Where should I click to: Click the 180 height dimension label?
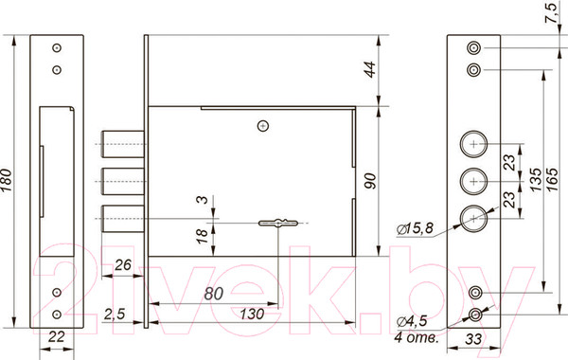(7, 180)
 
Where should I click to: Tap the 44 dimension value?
(370, 69)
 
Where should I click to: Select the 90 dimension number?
(370, 181)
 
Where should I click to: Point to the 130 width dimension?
(252, 314)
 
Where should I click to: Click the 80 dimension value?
(213, 294)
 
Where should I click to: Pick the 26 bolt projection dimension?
(123, 265)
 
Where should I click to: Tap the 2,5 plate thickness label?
(115, 314)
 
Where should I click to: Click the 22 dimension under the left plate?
(57, 337)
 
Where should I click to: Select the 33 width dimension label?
(473, 339)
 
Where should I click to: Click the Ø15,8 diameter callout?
(415, 228)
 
